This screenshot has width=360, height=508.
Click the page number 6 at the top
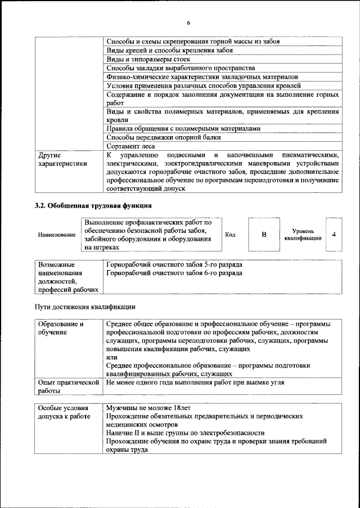[x=188, y=22]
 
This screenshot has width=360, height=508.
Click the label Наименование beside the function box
[x=56, y=235]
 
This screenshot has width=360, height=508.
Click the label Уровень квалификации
[x=307, y=235]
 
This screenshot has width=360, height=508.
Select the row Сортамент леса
[x=127, y=146]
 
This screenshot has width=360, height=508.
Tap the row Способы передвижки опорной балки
[x=162, y=137]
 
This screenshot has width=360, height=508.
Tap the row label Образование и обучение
[x=60, y=328]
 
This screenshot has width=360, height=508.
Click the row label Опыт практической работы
[x=67, y=386]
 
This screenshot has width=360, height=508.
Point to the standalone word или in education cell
[x=111, y=357]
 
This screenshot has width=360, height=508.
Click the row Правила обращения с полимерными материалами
[x=184, y=128]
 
